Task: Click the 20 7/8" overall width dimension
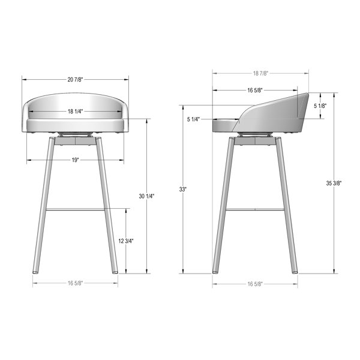(75, 80)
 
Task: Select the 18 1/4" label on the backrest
(75, 112)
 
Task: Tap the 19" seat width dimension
(75, 160)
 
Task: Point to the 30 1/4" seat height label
(147, 196)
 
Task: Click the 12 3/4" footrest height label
(126, 241)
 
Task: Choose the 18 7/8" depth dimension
(260, 73)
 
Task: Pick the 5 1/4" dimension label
(194, 119)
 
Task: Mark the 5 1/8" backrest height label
(320, 106)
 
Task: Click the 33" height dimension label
(183, 190)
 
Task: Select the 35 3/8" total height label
(334, 183)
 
